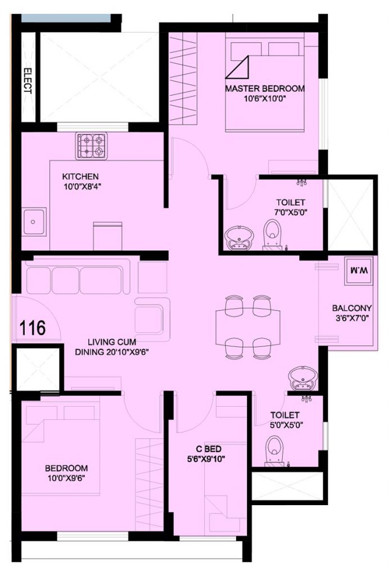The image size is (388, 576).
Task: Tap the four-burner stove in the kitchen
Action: pos(92,146)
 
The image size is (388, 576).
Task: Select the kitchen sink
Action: pos(34,222)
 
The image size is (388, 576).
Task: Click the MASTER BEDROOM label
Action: pos(265,88)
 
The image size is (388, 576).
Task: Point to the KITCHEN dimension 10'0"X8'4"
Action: pos(82,187)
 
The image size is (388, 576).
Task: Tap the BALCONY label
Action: pos(351,308)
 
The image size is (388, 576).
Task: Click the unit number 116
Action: pos(32,328)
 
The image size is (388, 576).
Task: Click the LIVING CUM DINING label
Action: pos(111,346)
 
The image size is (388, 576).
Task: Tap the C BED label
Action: pos(208,448)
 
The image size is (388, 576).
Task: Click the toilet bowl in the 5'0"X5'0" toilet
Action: pos(274,451)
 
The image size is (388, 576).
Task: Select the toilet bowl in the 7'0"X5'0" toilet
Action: pos(272,233)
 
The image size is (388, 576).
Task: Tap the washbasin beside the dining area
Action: pos(303,379)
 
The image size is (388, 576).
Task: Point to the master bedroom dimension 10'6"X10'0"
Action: pos(264,98)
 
